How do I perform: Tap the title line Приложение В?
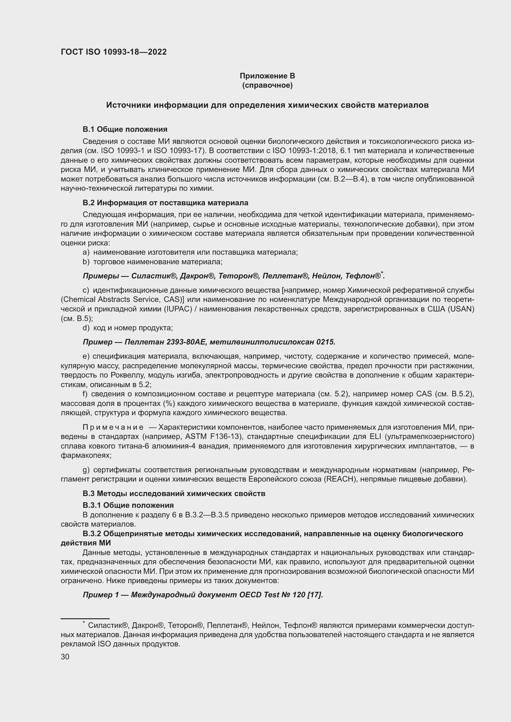[267, 76]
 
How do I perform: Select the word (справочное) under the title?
[267, 85]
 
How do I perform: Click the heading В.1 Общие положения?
[125, 129]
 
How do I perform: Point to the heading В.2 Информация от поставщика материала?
[165, 203]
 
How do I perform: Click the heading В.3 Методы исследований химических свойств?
[174, 493]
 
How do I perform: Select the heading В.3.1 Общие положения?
[128, 505]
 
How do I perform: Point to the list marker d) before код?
[86, 328]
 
